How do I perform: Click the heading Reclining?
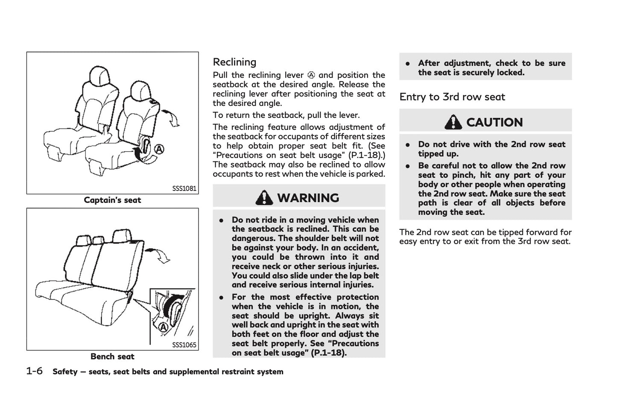click(234, 62)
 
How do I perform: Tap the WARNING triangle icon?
click(264, 198)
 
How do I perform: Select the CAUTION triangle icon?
click(453, 122)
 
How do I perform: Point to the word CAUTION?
click(494, 123)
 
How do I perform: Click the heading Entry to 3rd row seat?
click(452, 97)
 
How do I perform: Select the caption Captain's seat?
click(112, 200)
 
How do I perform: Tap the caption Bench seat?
click(112, 356)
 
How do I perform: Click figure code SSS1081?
click(184, 188)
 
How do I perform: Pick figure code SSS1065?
click(184, 345)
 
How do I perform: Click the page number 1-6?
click(35, 371)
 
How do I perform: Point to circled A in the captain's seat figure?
click(159, 150)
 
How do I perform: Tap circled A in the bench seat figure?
click(163, 327)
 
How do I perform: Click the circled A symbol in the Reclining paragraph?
click(311, 75)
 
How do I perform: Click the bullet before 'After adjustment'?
click(408, 63)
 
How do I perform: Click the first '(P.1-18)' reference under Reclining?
click(370, 155)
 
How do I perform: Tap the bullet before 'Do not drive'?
click(408, 144)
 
